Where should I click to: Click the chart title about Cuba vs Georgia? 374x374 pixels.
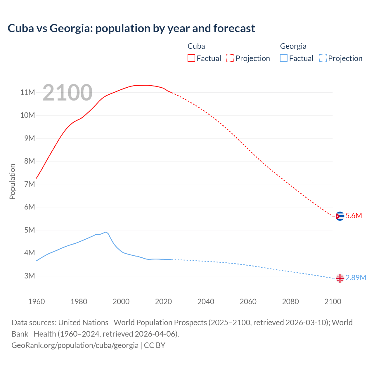pos(131,28)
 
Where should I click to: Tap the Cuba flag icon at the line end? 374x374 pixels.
pos(340,216)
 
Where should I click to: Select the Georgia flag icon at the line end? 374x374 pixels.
pos(340,278)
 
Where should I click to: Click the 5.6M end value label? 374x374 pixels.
pos(354,216)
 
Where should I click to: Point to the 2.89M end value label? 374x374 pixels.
pos(356,278)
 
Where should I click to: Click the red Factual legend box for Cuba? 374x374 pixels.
pos(191,58)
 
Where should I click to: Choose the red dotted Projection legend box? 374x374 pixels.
pos(230,58)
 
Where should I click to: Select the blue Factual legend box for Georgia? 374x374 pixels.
pos(284,58)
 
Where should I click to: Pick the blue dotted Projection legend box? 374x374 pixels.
pos(323,58)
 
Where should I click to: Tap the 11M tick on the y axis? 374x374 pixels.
pos(27,93)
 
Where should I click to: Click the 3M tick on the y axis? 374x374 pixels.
pos(30,276)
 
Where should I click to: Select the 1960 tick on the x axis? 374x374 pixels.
pos(37,302)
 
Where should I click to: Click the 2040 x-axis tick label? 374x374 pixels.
pos(206,302)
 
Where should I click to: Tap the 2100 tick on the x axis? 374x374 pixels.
pos(333,302)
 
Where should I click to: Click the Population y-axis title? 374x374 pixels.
pos(12,181)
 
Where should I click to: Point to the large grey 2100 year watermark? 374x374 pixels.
pos(67,93)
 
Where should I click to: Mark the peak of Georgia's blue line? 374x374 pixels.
pos(106,232)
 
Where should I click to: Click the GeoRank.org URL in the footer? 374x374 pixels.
pos(75,345)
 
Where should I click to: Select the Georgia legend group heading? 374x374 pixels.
pos(293,46)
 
